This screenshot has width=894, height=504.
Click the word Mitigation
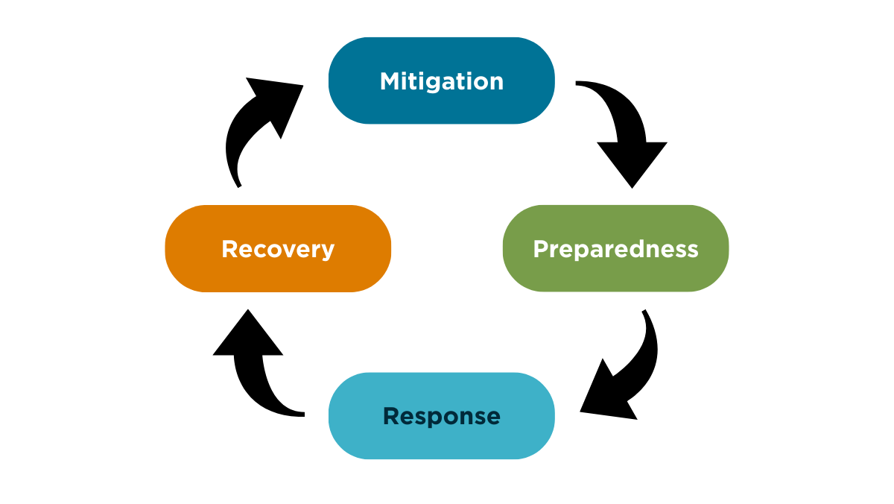[442, 81]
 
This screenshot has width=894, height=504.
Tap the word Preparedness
[615, 248]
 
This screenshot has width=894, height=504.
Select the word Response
[442, 416]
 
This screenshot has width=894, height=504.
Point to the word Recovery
[278, 248]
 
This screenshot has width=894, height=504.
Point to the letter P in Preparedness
[540, 248]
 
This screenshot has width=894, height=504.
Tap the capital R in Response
[391, 416]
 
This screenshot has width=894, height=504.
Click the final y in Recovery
[327, 251]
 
